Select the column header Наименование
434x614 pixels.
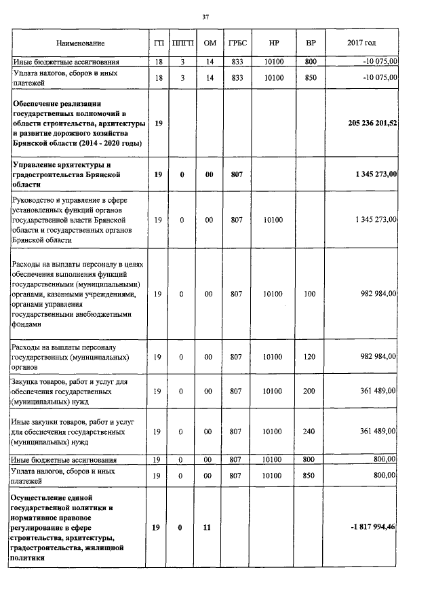tap(81, 43)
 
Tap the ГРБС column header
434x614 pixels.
tap(237, 43)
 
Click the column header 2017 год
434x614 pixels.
tap(361, 43)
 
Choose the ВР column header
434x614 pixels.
tap(311, 43)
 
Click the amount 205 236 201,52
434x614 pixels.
tap(372, 124)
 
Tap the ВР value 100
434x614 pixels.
tap(311, 294)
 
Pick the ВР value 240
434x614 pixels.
tap(311, 431)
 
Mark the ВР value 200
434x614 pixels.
tap(311, 391)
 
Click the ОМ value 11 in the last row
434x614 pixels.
tap(210, 527)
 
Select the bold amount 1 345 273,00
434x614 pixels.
tap(376, 174)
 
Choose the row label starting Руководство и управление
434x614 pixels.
tap(70, 219)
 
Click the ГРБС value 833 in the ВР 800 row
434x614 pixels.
tap(237, 62)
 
